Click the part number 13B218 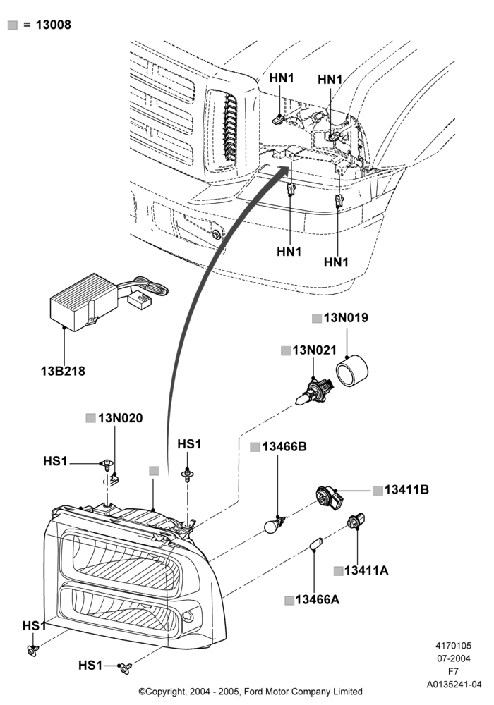pos(63,372)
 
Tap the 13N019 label pos(346,318)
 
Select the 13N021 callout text pos(315,350)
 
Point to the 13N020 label pos(121,418)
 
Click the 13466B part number pos(284,447)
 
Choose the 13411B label pos(406,490)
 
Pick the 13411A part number pos(366,570)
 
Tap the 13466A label pos(317,600)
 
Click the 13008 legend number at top pos(54,25)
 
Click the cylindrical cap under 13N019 pos(352,371)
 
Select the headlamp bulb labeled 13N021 pos(313,392)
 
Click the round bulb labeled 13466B pos(274,525)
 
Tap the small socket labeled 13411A pos(356,521)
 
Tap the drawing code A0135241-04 pos(454,685)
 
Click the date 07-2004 pos(454,658)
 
